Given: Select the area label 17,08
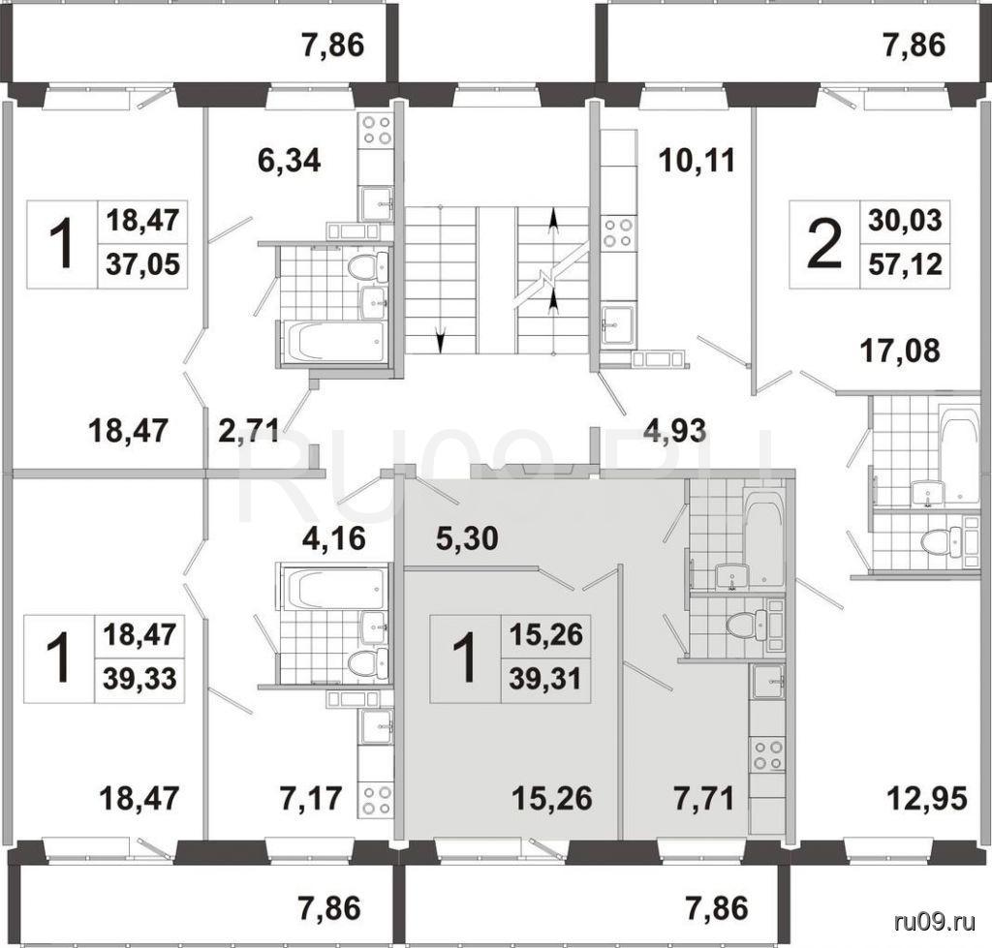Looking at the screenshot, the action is tap(899, 350).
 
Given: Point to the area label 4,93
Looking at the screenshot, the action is tap(674, 431).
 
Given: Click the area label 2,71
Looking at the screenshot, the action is tap(249, 431).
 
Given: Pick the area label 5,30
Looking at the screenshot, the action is tap(467, 538).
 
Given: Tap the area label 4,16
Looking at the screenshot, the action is tap(333, 538).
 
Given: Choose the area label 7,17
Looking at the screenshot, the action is tap(311, 798).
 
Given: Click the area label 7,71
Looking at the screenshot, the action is tap(703, 798).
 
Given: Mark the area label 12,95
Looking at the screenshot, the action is tap(928, 798).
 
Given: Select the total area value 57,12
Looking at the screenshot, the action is tap(905, 264).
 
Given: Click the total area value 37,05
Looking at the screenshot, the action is tap(143, 264).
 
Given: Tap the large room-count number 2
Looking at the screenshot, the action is tap(825, 243).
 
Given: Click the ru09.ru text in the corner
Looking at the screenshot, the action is tap(936, 922).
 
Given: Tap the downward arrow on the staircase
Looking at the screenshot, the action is tap(441, 342).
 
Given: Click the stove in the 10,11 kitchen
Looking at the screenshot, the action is tap(618, 232).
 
